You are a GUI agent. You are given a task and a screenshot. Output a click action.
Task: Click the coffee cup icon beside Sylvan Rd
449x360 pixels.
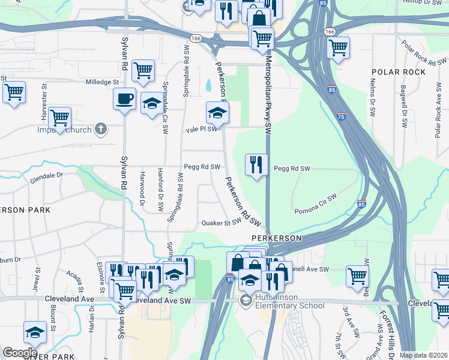(124, 98)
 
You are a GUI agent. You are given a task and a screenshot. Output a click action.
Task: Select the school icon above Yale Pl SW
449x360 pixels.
(217, 112)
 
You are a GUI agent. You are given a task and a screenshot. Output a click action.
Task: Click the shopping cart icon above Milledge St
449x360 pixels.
(143, 71)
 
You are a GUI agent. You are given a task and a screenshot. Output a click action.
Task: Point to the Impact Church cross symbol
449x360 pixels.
(101, 129)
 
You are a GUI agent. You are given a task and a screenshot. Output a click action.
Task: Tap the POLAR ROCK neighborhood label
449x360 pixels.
(399, 72)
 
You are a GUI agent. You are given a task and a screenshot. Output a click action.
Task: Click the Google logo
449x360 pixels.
(20, 352)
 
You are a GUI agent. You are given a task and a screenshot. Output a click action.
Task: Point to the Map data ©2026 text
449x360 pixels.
(423, 355)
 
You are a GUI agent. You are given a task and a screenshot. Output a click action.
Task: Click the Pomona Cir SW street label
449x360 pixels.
(316, 204)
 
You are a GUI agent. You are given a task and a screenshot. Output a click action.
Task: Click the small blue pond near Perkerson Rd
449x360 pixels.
(208, 85)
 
